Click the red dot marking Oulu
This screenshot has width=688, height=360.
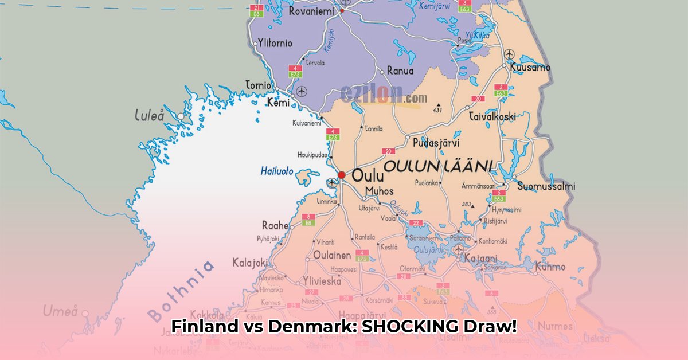(x=342, y=175)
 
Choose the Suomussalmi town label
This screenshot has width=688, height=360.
(x=546, y=186)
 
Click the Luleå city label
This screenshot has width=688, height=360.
(x=149, y=115)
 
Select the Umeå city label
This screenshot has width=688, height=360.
(x=60, y=311)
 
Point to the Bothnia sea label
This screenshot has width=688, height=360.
(x=181, y=290)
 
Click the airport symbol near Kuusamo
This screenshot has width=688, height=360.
(x=509, y=54)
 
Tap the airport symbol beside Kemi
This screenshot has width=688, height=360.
(x=302, y=91)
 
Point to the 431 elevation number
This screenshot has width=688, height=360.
(x=438, y=110)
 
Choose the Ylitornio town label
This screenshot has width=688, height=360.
(x=275, y=43)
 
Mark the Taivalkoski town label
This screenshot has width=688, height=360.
(x=492, y=116)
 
